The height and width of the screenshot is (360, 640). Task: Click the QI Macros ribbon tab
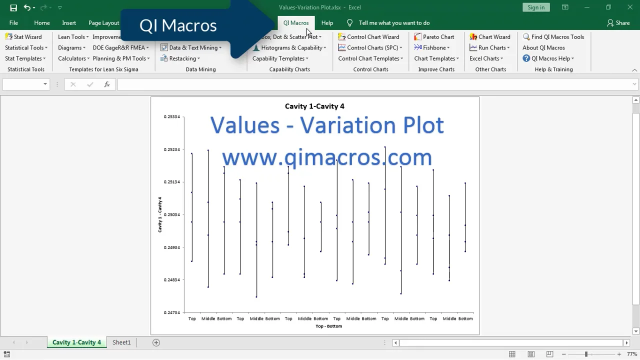click(295, 23)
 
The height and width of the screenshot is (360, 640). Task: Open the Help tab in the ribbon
click(327, 23)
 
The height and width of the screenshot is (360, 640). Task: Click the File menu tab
click(13, 23)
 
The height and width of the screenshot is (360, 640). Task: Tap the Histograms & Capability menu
click(289, 48)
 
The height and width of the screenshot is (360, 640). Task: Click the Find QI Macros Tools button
click(553, 37)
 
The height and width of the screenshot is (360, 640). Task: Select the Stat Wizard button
click(23, 37)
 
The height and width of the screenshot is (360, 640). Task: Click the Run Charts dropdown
click(490, 48)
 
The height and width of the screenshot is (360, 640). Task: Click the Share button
click(618, 23)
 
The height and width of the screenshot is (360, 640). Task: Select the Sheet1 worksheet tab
click(121, 342)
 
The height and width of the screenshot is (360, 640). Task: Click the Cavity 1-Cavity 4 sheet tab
click(76, 342)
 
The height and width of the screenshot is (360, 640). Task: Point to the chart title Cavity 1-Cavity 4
click(314, 106)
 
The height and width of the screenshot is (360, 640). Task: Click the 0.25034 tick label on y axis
click(172, 215)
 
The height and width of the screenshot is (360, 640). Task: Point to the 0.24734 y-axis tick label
click(172, 312)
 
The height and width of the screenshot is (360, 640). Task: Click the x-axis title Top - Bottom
click(328, 326)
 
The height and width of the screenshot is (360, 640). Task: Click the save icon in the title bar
click(13, 7)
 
